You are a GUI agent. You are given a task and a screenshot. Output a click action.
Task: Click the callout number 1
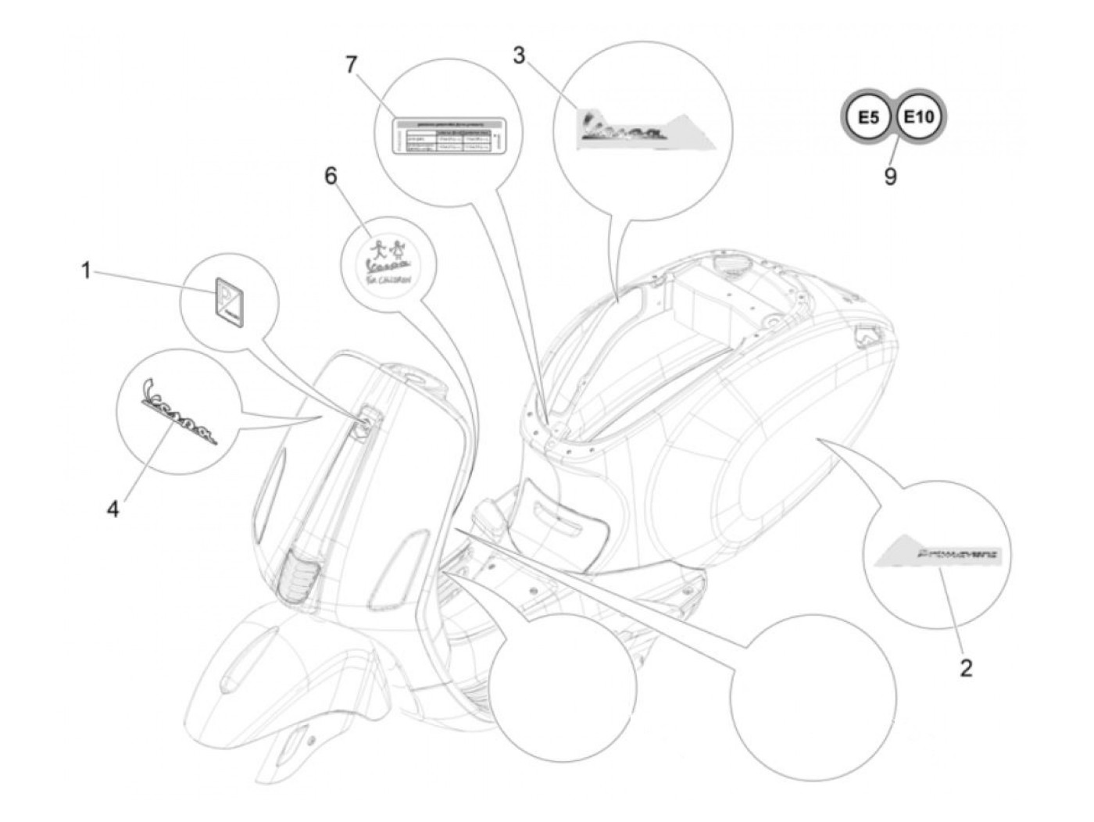point(87,272)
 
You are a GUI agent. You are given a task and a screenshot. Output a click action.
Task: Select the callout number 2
point(966,668)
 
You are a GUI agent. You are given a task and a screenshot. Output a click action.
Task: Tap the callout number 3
point(520,55)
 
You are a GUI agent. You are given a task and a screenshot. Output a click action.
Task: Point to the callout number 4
point(113,509)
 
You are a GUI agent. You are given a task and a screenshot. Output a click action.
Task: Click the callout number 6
point(331,177)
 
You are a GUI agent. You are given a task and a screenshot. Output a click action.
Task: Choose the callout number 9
point(890,177)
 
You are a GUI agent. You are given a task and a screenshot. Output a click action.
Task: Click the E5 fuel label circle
point(867,118)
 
